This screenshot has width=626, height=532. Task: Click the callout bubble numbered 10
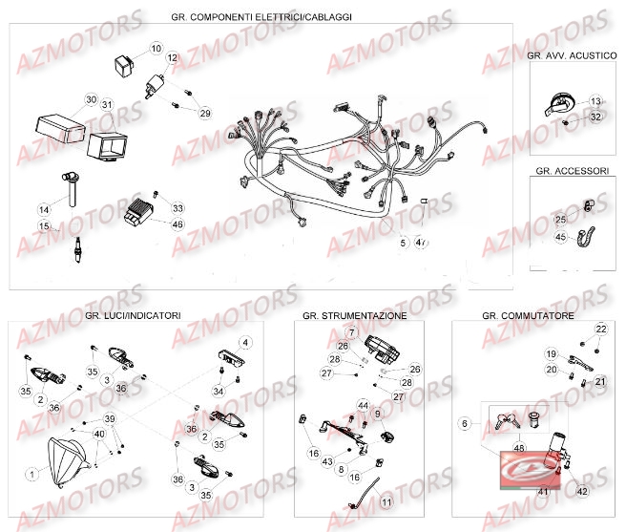pyautogui.click(x=156, y=48)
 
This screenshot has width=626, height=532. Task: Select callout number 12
pyautogui.click(x=172, y=58)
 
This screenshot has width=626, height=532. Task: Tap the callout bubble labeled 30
pyautogui.click(x=92, y=99)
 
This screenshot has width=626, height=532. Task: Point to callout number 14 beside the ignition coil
pyautogui.click(x=44, y=209)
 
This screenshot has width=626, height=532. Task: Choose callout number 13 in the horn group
pyautogui.click(x=595, y=100)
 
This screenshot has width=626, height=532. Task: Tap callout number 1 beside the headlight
pyautogui.click(x=31, y=473)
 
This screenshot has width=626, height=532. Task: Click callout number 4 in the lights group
pyautogui.click(x=244, y=342)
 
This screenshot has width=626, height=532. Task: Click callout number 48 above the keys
pyautogui.click(x=519, y=447)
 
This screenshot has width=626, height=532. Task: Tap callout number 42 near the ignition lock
pyautogui.click(x=581, y=492)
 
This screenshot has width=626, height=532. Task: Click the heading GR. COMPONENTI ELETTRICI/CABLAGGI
pyautogui.click(x=260, y=17)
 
